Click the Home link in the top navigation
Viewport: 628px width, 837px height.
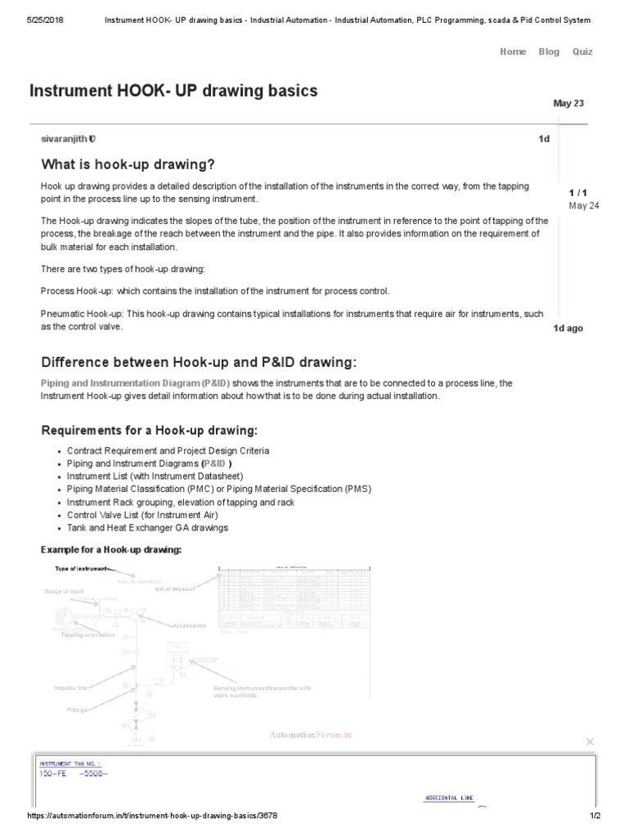pyautogui.click(x=513, y=51)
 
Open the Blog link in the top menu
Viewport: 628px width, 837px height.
pyautogui.click(x=549, y=51)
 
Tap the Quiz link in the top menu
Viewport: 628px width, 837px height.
pyautogui.click(x=582, y=51)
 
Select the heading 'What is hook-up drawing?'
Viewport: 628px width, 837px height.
pyautogui.click(x=128, y=164)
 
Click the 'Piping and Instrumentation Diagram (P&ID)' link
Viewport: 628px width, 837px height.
pyautogui.click(x=136, y=383)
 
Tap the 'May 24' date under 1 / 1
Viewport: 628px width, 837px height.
pyautogui.click(x=584, y=205)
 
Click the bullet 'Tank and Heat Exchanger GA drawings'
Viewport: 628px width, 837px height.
pyautogui.click(x=147, y=528)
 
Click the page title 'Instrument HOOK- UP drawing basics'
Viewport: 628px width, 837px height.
pyautogui.click(x=173, y=91)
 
